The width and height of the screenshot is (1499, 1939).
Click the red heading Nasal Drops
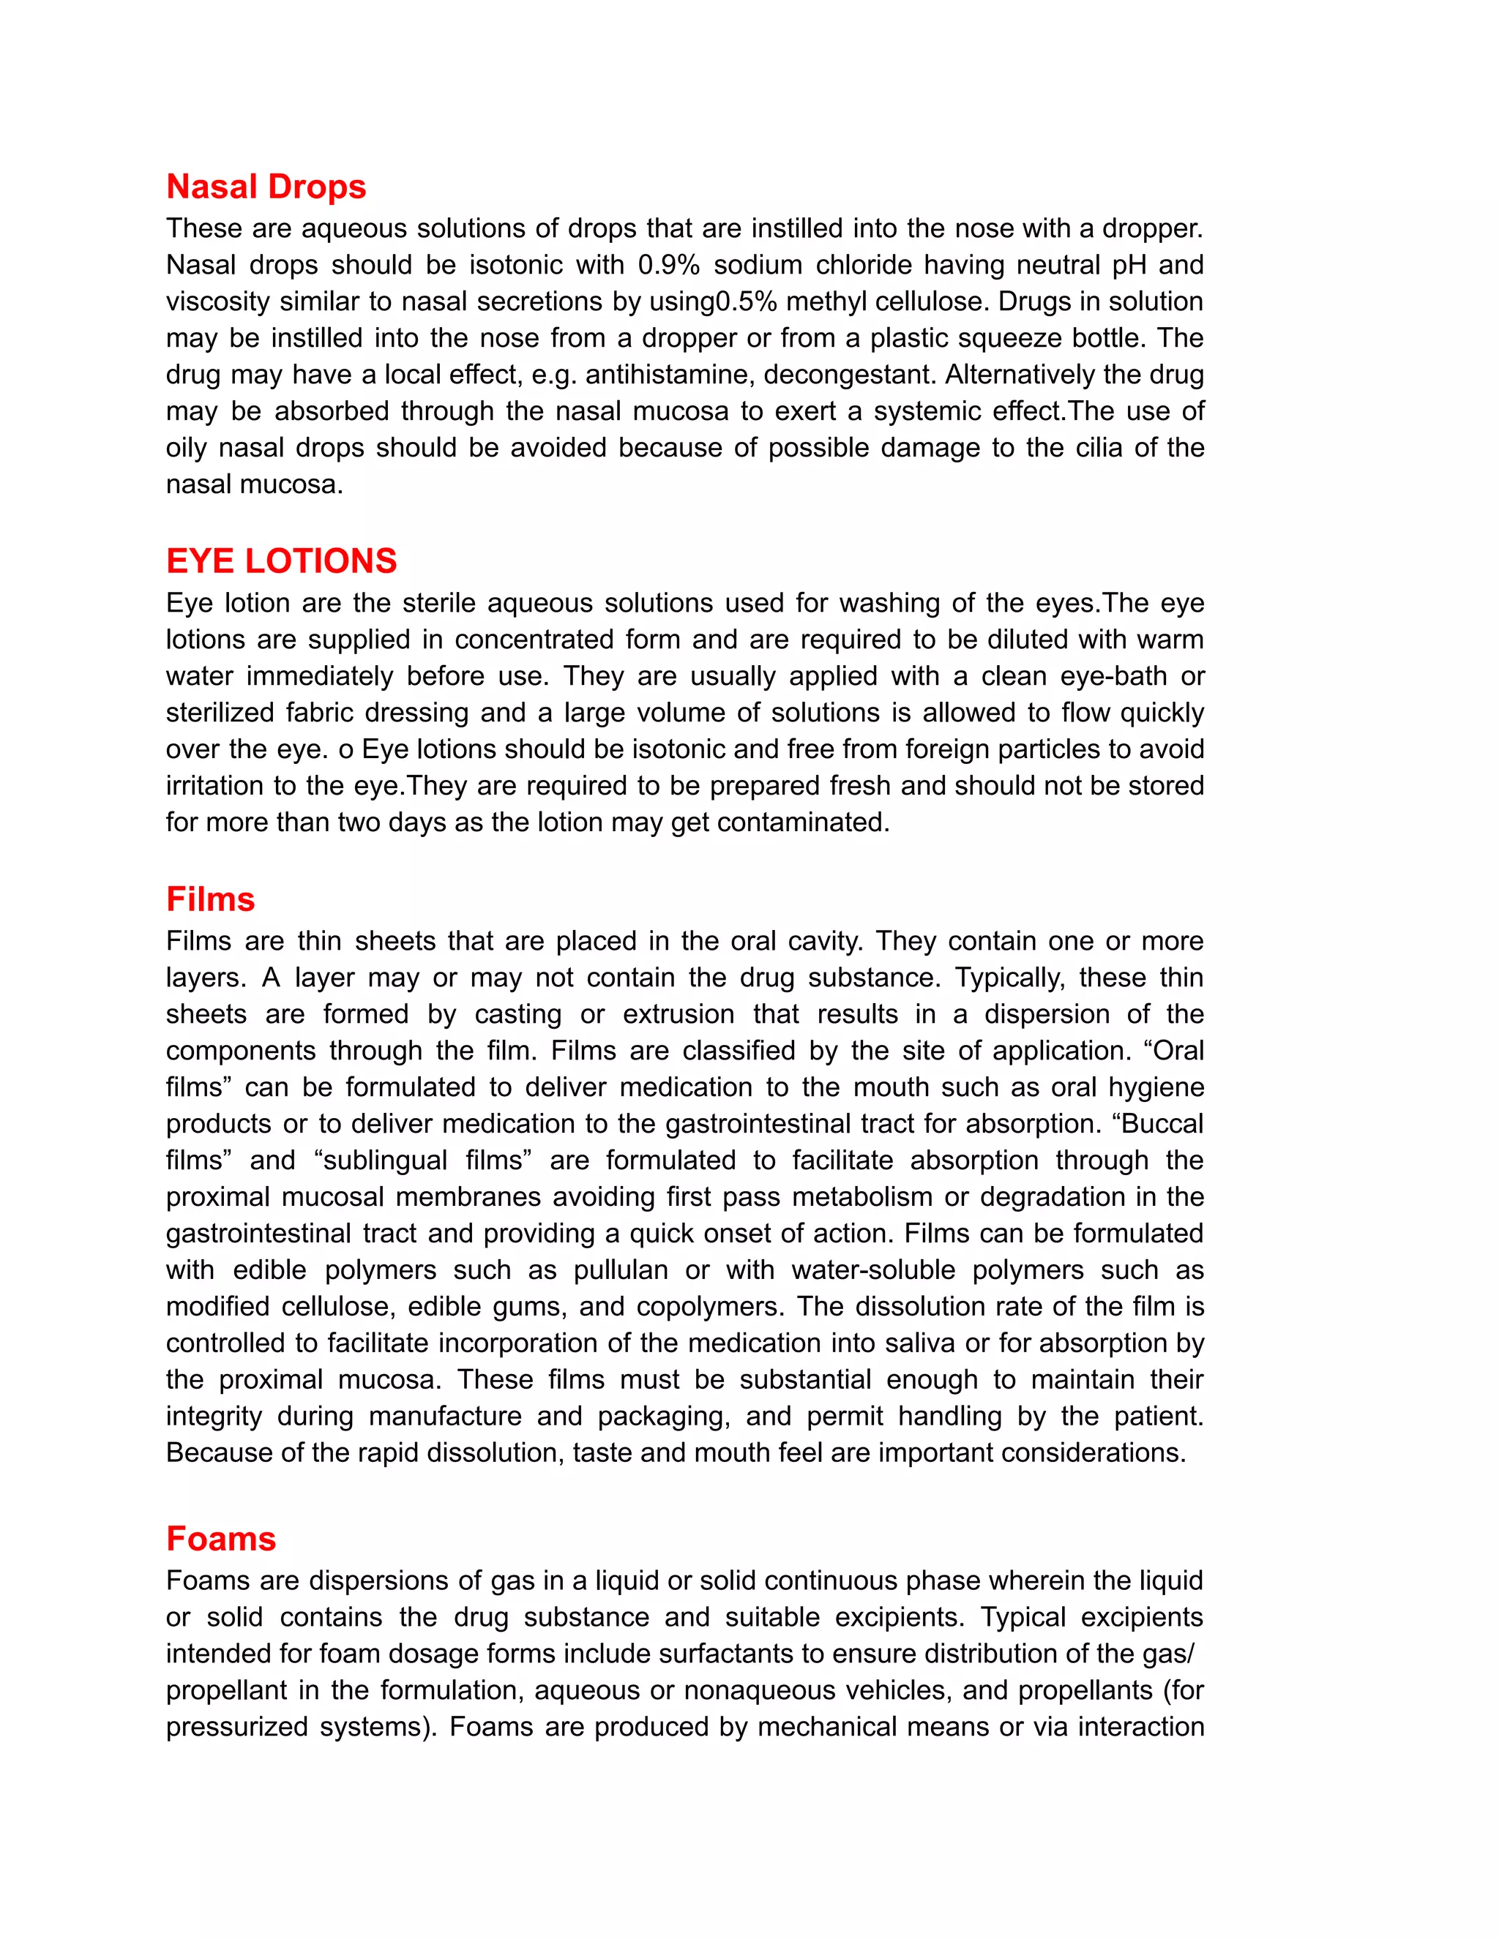(x=266, y=187)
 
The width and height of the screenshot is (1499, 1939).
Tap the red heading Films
(x=211, y=899)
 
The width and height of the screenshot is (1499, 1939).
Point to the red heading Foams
(x=221, y=1539)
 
